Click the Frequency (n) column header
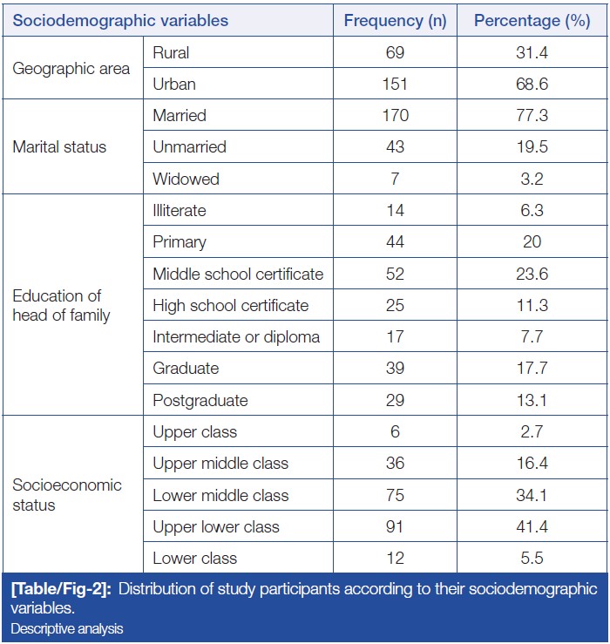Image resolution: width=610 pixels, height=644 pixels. [395, 20]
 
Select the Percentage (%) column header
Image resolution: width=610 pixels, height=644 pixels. [532, 20]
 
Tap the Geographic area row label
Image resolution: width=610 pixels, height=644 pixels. [71, 69]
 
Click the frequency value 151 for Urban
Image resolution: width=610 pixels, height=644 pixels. [395, 85]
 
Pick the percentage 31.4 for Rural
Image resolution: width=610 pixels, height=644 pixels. [532, 53]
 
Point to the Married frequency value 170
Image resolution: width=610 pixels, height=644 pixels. [395, 116]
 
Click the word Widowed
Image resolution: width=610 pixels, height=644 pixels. [186, 179]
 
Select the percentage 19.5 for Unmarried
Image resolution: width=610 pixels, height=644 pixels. [532, 147]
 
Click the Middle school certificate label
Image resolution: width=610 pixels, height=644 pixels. [238, 275]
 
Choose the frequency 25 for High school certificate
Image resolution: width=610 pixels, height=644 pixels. [395, 306]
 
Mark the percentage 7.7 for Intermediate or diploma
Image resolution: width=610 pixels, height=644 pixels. [532, 337]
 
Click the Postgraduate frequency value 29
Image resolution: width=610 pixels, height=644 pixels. [395, 401]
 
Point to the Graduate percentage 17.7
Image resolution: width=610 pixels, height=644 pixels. [532, 369]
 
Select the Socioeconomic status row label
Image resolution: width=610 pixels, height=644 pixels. [67, 495]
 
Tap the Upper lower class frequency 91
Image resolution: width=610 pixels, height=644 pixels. [395, 526]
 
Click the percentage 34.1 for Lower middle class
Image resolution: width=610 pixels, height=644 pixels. [532, 495]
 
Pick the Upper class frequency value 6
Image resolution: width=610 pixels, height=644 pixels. [395, 432]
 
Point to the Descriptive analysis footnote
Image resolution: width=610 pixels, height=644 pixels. [68, 628]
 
